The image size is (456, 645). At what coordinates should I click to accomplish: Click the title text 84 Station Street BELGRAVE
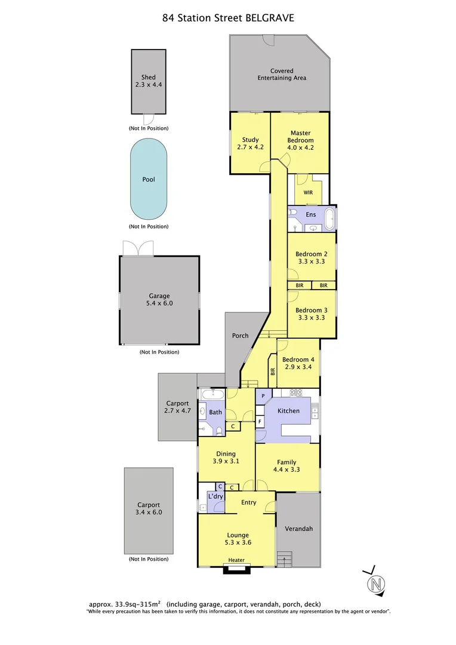point(228,18)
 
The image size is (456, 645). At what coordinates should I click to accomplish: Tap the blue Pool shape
point(149,179)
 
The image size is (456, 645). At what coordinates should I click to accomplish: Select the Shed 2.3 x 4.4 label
point(149,81)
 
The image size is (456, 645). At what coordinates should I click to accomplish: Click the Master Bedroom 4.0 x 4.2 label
point(301,140)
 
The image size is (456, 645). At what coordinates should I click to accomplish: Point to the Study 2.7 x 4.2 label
point(251,143)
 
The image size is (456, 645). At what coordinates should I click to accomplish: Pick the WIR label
point(308,193)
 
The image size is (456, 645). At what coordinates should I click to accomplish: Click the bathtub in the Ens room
point(330,218)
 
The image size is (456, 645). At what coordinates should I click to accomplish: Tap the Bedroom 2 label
point(311,257)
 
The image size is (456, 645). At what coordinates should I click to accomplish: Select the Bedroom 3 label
point(311,314)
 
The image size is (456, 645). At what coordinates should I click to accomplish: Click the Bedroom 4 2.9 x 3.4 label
point(298,363)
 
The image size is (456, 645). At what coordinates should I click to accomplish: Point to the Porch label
point(240,336)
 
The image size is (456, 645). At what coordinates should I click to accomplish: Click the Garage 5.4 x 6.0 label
point(159,299)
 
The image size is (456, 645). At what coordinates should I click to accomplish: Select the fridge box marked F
point(260,422)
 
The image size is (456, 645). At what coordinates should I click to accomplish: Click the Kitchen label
point(289,411)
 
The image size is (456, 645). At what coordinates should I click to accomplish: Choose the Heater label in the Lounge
point(236,560)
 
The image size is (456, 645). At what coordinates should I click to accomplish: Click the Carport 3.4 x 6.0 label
point(149,508)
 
